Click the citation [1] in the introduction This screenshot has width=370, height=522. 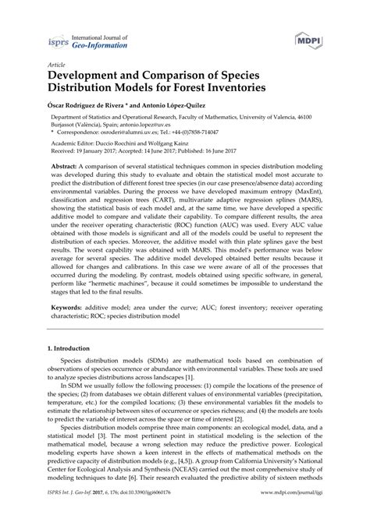pyautogui.click(x=201, y=401)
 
